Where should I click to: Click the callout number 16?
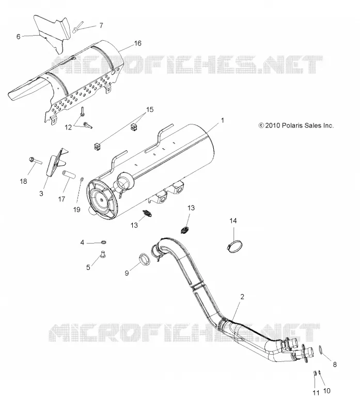point(137,43)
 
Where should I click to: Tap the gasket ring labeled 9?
point(145,259)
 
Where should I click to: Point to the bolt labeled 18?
point(35,161)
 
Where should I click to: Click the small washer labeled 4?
point(104,242)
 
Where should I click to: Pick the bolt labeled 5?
point(103,255)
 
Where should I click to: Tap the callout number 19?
point(76,210)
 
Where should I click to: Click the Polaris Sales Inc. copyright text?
point(296,125)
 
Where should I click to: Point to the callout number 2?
point(242,296)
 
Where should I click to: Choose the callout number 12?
point(68,128)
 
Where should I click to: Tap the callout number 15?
point(150,109)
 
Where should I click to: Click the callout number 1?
point(223,120)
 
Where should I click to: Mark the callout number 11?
point(316,393)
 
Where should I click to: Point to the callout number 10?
point(326,391)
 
